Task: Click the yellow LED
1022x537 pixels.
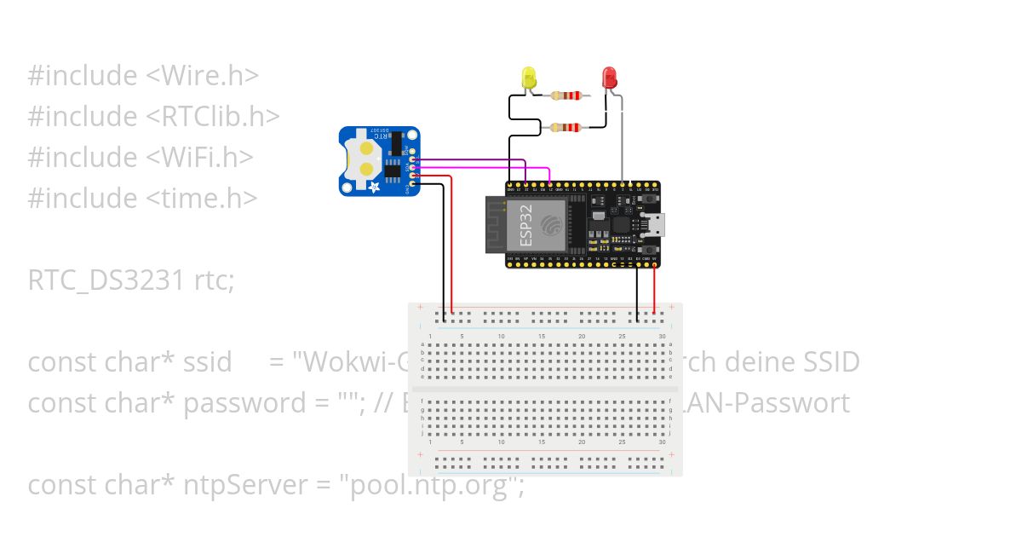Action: (x=528, y=78)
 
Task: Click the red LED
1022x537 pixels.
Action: (x=610, y=78)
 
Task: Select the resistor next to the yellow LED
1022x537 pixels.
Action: (x=565, y=95)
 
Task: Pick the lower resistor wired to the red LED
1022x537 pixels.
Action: (x=565, y=128)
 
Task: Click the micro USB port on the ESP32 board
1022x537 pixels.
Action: (x=657, y=225)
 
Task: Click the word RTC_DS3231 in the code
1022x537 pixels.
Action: (x=102, y=280)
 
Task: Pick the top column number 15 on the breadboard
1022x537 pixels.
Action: (x=542, y=337)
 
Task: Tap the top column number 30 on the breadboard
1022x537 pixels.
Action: (x=662, y=337)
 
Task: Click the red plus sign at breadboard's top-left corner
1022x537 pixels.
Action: (x=419, y=307)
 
